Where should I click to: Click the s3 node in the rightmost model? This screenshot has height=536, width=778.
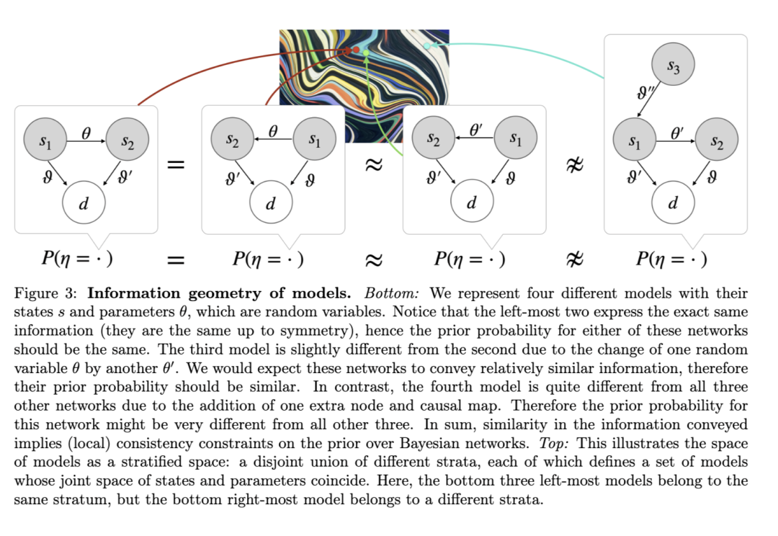tap(673, 65)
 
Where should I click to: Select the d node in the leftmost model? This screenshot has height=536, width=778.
tap(84, 202)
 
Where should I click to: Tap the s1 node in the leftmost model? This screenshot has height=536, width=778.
tap(45, 140)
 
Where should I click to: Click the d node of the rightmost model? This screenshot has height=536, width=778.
tap(673, 202)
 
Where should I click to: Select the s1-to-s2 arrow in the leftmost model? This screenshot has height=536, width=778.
tap(86, 141)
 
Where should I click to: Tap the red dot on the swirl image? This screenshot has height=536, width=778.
tap(356, 50)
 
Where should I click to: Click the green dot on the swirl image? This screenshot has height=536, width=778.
tap(366, 53)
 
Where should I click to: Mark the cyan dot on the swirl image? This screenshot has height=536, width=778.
tap(426, 46)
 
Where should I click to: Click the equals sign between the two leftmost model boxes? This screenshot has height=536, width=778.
tap(176, 165)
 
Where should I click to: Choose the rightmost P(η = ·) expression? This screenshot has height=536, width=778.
tap(671, 259)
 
